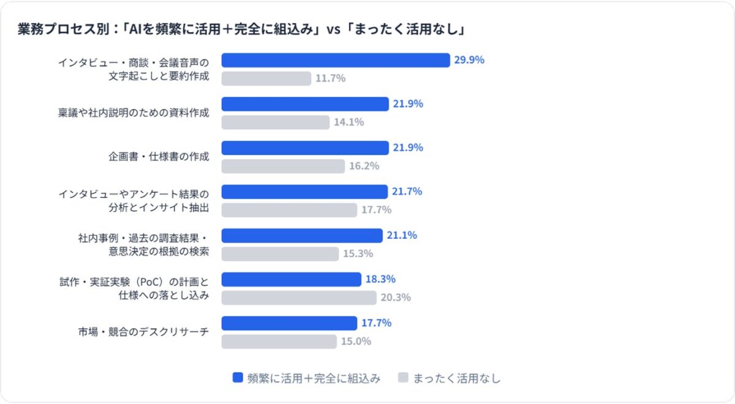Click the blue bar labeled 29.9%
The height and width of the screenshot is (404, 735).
point(336,60)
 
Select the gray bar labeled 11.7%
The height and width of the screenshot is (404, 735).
point(266,78)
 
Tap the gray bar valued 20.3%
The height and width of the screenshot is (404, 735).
point(299,297)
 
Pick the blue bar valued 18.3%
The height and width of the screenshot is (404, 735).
point(291,279)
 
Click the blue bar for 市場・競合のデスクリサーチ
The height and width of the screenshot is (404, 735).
point(289,323)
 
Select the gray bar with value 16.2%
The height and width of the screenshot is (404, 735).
point(283,166)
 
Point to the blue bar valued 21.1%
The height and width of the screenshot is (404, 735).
point(301,236)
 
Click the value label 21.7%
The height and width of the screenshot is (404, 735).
point(407,192)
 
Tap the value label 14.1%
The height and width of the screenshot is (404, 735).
point(349,122)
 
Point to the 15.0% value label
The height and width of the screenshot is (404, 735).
point(356,342)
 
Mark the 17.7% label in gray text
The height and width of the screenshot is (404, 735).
point(376,210)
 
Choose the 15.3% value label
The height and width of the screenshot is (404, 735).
point(358,253)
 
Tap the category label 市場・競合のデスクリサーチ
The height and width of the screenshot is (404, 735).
point(143,332)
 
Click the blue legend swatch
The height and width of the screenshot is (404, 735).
point(238,378)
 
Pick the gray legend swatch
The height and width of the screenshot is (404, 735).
point(403,378)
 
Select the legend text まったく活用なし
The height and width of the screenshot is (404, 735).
point(456,378)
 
